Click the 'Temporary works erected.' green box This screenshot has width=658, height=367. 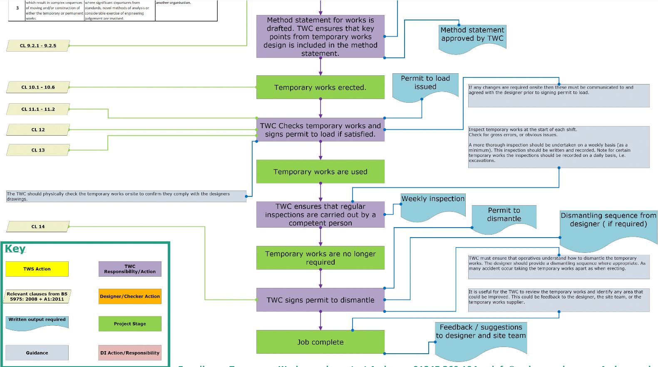320,87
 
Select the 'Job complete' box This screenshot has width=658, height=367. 320,342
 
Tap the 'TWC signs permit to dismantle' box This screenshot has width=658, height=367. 320,300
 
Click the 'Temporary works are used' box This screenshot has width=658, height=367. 320,171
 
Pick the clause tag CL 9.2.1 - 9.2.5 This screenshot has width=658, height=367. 38,46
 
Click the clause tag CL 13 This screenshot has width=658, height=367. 38,150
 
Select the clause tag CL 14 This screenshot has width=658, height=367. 38,226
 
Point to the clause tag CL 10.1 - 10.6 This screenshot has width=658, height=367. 38,87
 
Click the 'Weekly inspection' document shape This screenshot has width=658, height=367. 432,204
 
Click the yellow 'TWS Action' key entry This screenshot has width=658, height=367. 37,269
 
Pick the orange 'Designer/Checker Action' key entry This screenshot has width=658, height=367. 130,296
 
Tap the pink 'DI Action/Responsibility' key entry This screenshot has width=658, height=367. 130,352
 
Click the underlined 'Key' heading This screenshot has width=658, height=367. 15,249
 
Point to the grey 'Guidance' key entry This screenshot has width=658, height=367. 37,352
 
